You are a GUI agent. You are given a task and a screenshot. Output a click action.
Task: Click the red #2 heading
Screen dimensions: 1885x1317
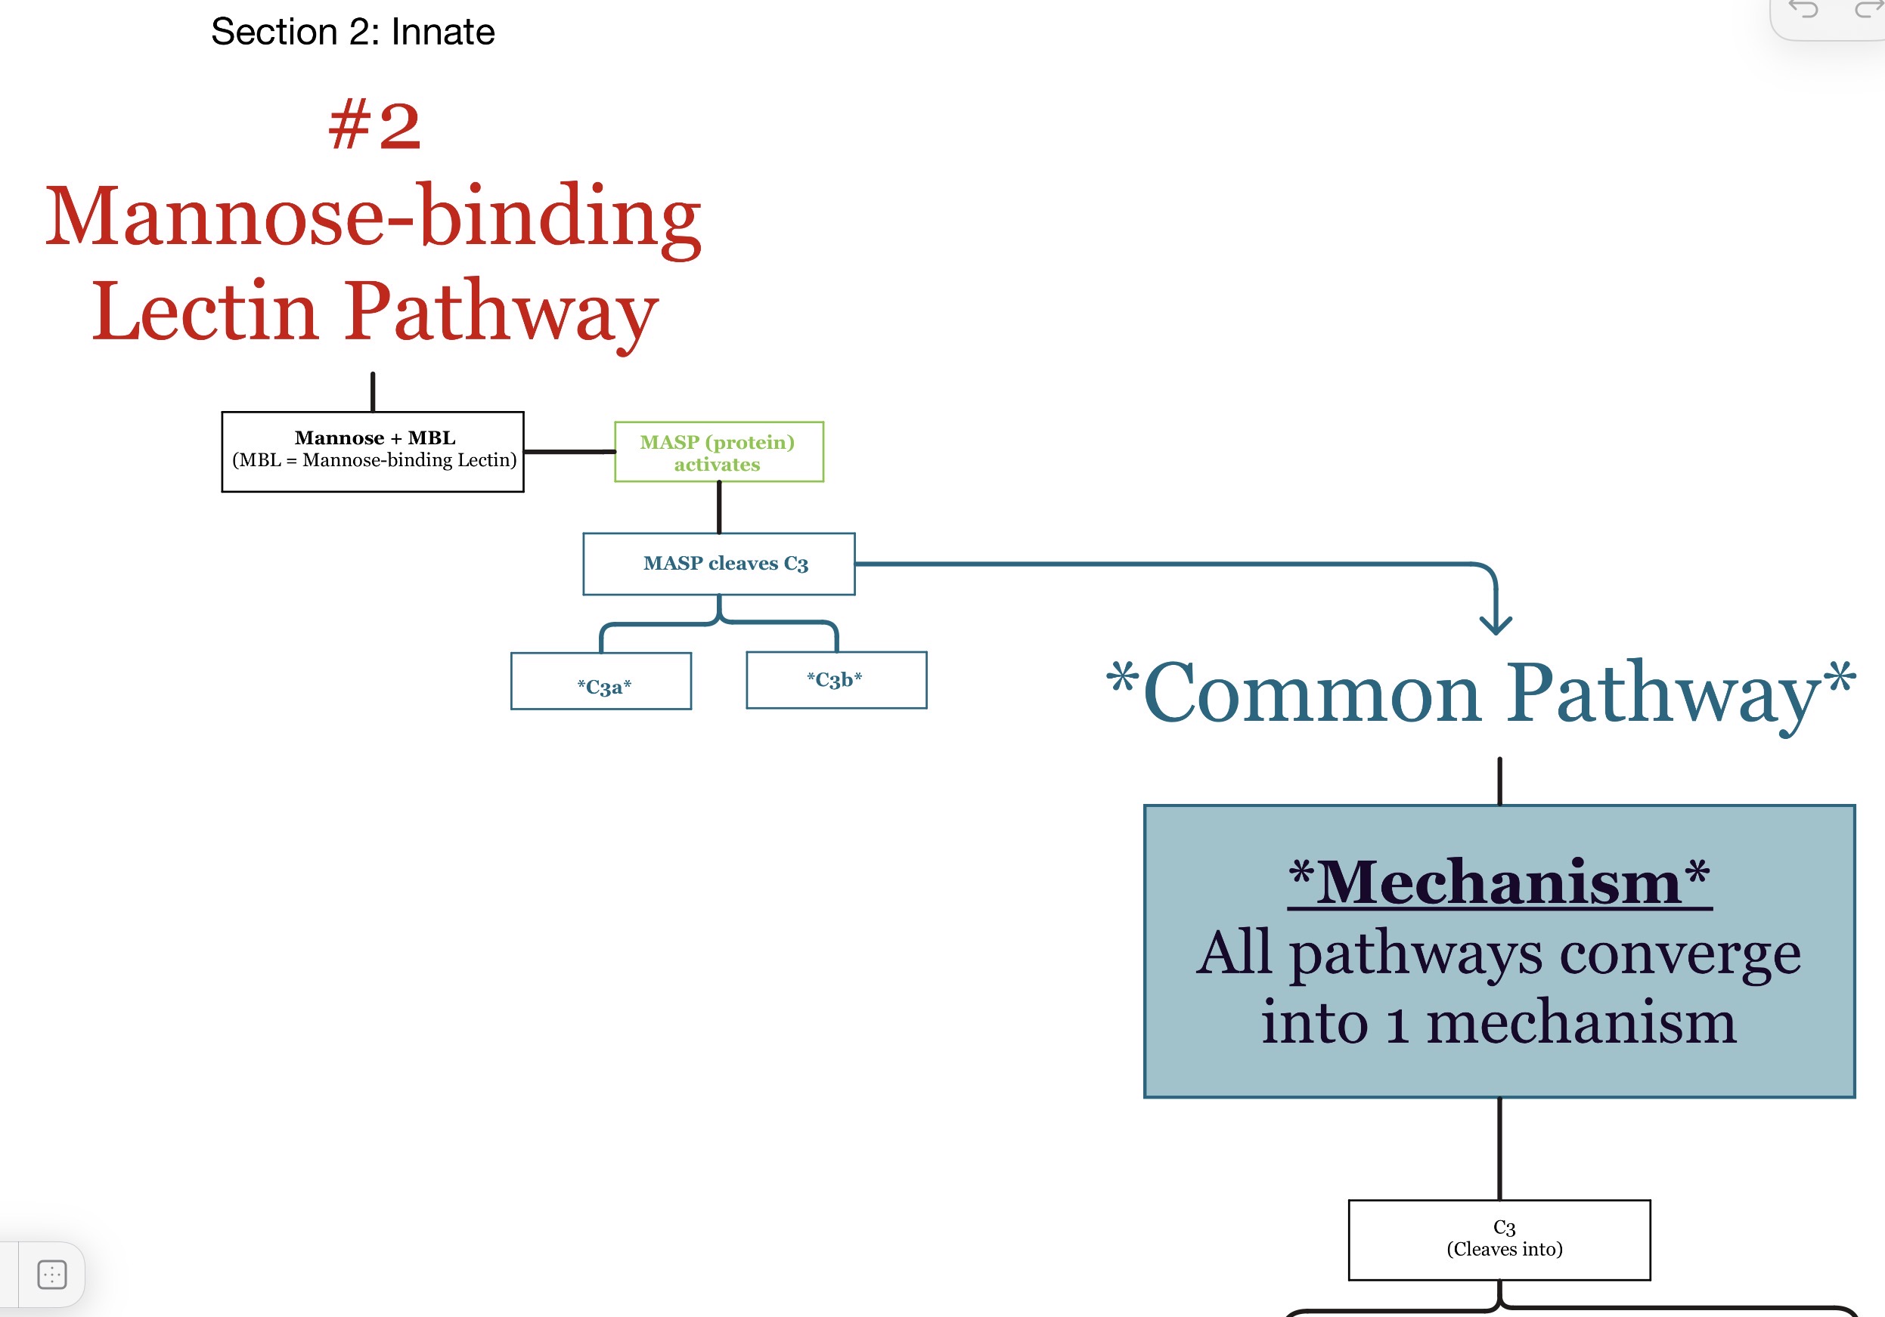point(374,125)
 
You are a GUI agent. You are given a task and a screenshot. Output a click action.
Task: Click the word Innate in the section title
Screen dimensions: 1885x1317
point(442,32)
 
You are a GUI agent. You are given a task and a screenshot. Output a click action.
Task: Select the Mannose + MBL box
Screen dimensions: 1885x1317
point(373,451)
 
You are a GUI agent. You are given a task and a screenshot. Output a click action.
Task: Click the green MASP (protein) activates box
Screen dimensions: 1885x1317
point(718,452)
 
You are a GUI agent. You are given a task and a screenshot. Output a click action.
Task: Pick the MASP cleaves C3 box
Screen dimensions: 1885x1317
point(718,564)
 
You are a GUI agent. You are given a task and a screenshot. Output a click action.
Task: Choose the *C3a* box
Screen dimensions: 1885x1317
point(601,681)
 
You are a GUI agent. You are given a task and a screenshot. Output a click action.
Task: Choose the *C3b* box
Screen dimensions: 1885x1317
point(836,680)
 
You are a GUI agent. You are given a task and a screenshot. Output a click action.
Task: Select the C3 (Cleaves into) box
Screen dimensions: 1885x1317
point(1499,1240)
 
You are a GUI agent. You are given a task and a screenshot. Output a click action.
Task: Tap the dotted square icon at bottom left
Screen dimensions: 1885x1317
point(51,1275)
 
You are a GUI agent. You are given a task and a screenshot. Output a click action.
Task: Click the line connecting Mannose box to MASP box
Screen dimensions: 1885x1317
point(570,451)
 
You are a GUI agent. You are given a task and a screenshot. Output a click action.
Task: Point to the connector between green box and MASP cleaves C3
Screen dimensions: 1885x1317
point(719,508)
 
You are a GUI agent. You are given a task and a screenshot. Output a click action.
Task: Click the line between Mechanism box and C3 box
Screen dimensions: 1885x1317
point(1500,1149)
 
